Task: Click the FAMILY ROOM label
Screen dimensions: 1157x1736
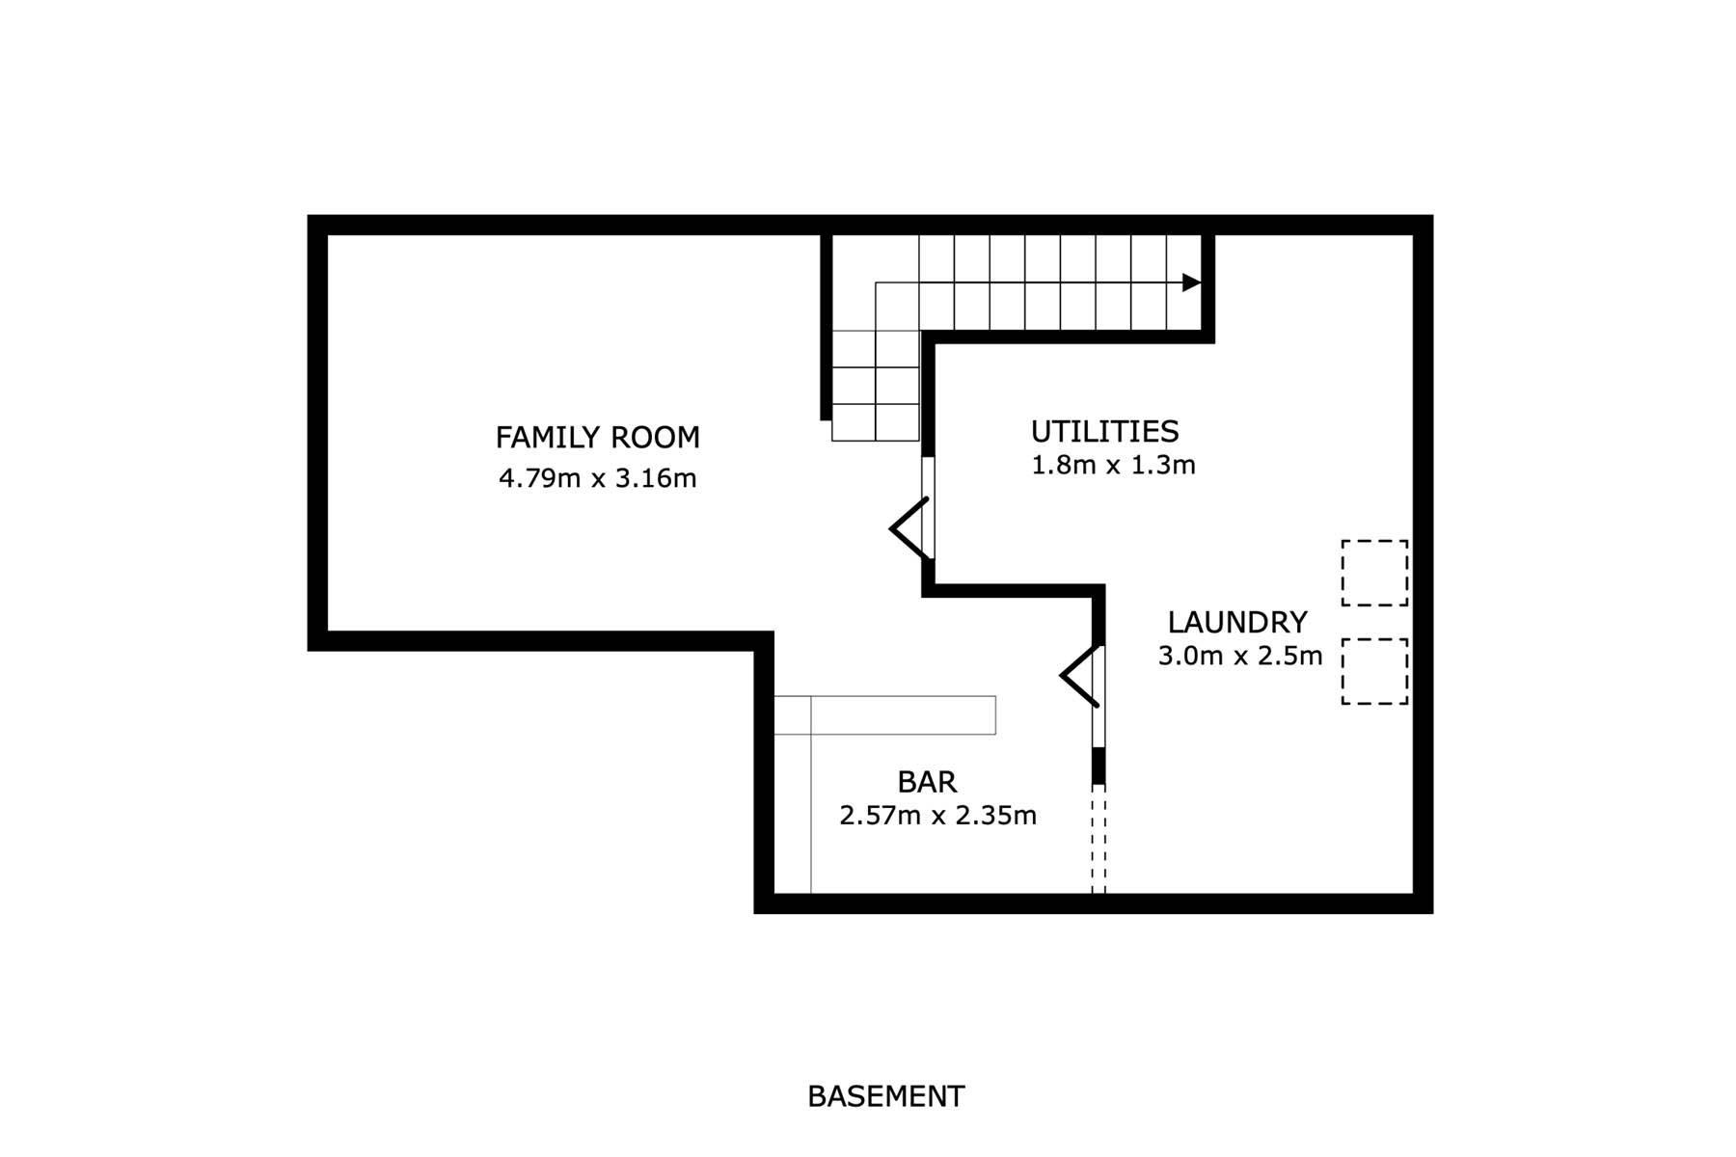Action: (597, 438)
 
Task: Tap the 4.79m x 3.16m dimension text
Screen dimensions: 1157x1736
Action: (597, 478)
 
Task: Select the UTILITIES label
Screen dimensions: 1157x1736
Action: (1104, 431)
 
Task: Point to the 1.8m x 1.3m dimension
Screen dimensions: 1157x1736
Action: (1113, 465)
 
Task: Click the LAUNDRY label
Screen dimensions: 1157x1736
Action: (1237, 622)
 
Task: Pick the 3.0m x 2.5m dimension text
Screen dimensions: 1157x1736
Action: (1239, 657)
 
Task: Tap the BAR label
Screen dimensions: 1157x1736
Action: (927, 781)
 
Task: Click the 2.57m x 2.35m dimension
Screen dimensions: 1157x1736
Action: (937, 816)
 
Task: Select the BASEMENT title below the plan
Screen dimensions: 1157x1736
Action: (885, 1096)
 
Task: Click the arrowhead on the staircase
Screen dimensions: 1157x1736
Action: (1192, 283)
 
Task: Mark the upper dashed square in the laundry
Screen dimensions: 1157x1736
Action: (1374, 573)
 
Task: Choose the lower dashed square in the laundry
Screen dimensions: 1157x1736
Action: (1374, 671)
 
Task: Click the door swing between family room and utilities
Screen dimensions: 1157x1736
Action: (909, 527)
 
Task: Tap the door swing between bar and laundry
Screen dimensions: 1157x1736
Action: (1080, 675)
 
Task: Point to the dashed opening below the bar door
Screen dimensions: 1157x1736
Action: (1099, 838)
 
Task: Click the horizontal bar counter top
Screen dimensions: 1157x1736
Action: (903, 714)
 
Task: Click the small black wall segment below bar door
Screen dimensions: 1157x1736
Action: (1099, 766)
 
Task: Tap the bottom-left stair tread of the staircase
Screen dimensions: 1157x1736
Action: (854, 422)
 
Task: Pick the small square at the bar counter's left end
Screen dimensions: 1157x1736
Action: (792, 714)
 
